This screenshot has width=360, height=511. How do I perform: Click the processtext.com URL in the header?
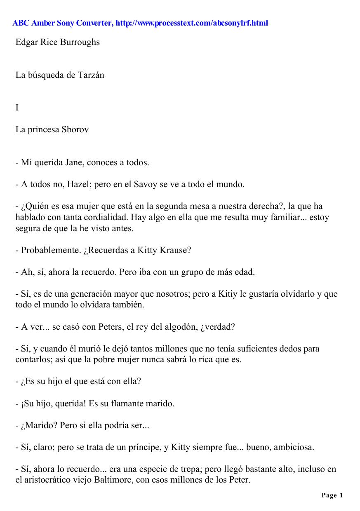click(192, 23)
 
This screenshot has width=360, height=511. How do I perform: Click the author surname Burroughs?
click(80, 42)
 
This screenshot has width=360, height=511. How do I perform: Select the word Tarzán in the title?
click(91, 75)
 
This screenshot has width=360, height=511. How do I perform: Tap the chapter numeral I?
click(17, 108)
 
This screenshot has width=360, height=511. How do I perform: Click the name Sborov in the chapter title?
click(75, 129)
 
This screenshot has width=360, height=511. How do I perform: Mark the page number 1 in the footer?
click(341, 496)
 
